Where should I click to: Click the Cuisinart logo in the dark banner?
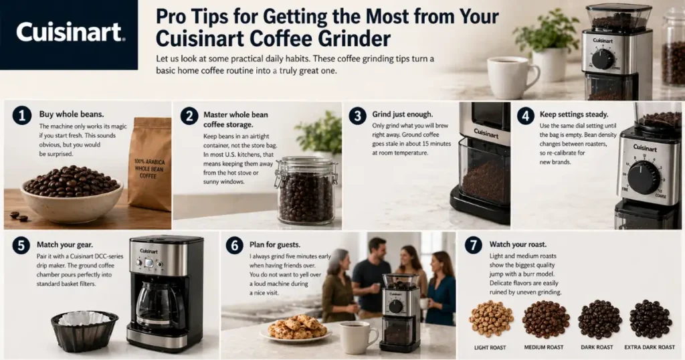click(70, 32)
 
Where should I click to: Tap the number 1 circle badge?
click(22, 116)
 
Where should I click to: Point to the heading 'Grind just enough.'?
click(402, 114)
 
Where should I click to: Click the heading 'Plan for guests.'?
click(276, 245)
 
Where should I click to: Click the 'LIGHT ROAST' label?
click(491, 347)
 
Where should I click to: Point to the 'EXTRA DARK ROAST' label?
click(648, 347)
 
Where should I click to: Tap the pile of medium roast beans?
click(545, 319)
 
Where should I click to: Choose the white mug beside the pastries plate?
click(357, 337)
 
